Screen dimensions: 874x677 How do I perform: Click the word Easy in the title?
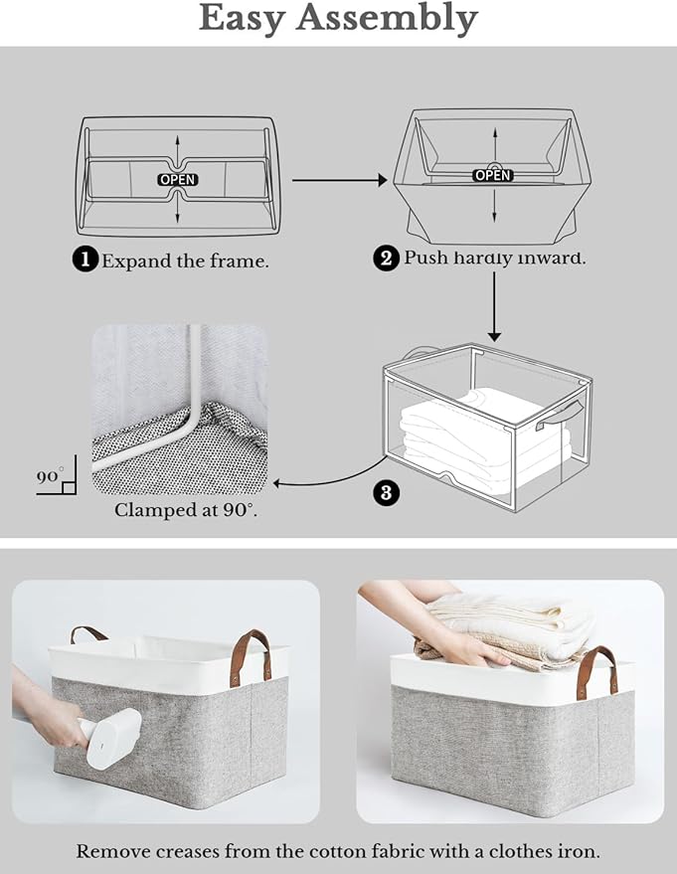click(x=254, y=19)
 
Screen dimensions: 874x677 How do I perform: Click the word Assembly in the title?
click(x=397, y=19)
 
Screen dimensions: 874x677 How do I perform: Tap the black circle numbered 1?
click(x=85, y=261)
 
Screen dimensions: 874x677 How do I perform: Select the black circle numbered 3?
click(x=387, y=492)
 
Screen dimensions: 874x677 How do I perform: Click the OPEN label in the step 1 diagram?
click(x=178, y=180)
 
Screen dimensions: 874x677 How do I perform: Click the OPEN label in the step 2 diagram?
click(x=492, y=175)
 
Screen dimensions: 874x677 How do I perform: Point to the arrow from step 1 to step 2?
click(x=338, y=180)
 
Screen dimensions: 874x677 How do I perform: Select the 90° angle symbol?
click(x=54, y=480)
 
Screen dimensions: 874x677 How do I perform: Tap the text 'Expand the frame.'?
click(x=185, y=262)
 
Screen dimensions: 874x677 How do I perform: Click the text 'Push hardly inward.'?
click(x=495, y=259)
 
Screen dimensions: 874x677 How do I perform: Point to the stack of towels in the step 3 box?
click(x=482, y=433)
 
